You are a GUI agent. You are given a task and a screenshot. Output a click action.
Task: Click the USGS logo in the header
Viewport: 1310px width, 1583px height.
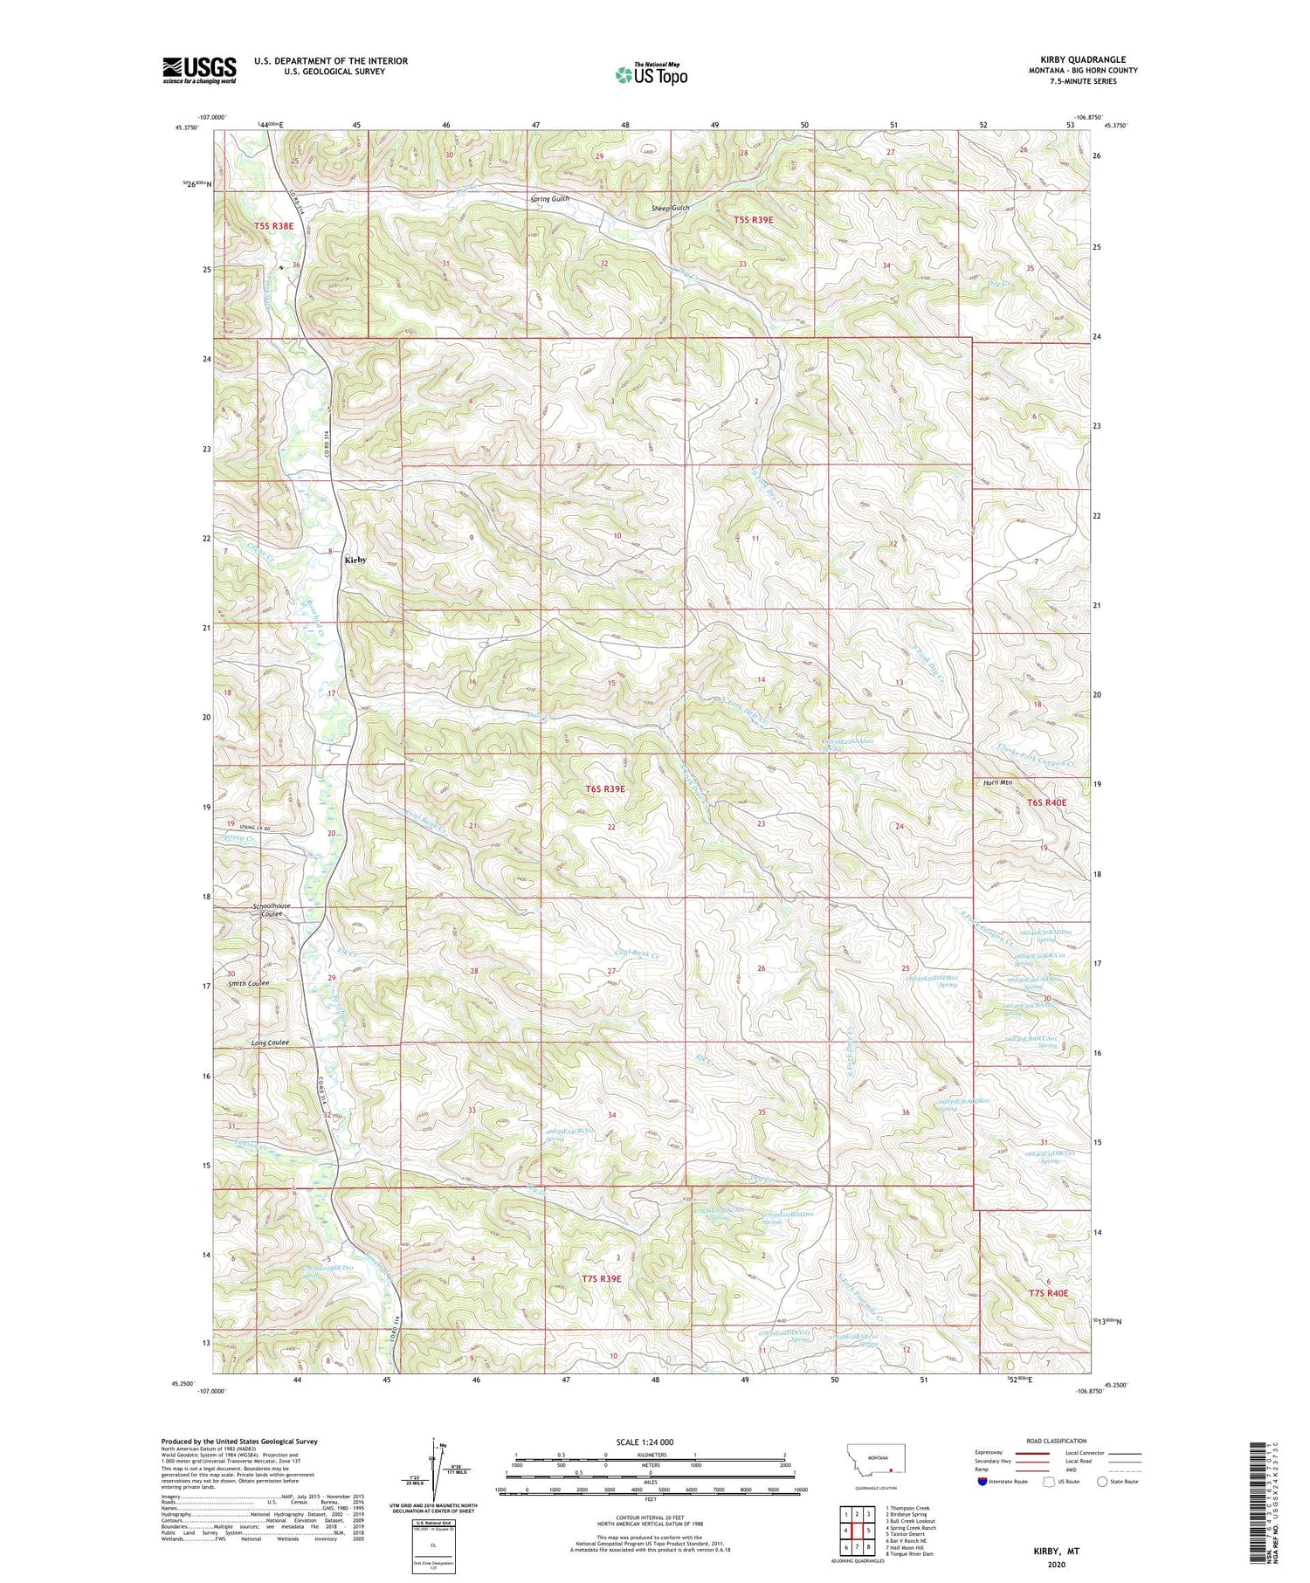click(199, 70)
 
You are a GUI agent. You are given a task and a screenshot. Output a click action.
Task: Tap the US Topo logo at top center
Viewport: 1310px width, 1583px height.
click(650, 74)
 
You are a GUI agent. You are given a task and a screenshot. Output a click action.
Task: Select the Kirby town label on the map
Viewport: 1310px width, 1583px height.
click(355, 560)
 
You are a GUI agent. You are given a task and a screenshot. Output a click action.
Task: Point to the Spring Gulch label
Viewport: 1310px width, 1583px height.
click(549, 199)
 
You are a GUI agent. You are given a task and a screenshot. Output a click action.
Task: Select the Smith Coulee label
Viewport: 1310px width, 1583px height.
click(249, 983)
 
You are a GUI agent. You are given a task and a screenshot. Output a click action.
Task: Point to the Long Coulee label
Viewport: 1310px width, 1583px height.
click(270, 1043)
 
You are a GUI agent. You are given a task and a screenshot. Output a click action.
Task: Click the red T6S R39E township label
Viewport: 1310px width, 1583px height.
click(605, 788)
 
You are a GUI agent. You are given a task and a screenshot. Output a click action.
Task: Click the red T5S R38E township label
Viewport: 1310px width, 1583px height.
click(273, 226)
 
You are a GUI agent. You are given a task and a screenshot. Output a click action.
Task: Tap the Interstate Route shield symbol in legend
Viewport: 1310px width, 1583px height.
click(983, 1482)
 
